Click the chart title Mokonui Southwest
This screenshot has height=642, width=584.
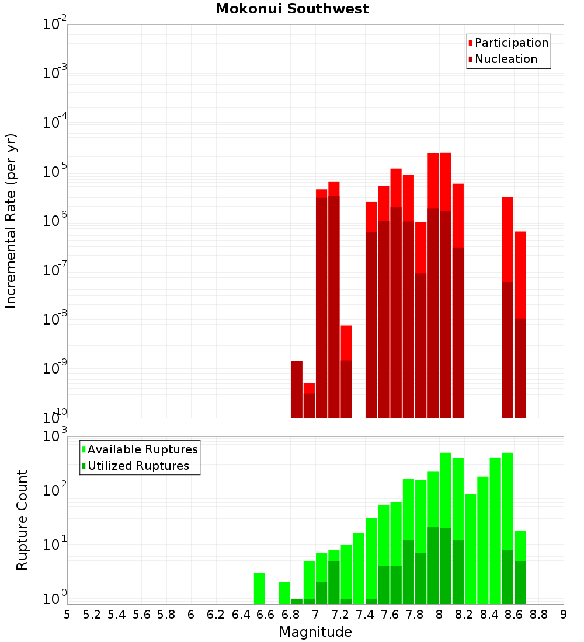[x=292, y=9]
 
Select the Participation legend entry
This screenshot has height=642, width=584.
[x=508, y=43]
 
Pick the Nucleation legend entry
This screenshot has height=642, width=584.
[x=503, y=59]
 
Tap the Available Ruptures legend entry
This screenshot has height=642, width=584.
[x=140, y=449]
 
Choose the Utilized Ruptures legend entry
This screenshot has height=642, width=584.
[x=135, y=466]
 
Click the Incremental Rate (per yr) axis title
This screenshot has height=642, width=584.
[x=11, y=221]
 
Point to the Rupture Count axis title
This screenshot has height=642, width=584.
[x=22, y=521]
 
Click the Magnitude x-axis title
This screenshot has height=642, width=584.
[x=315, y=631]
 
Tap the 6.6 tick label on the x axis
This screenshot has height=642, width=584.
[x=266, y=615]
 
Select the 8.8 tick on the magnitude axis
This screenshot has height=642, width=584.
[x=538, y=615]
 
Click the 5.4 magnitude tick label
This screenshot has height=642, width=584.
[x=117, y=615]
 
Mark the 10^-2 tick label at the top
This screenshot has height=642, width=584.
[x=54, y=23]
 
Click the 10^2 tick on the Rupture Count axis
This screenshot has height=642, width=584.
[x=54, y=489]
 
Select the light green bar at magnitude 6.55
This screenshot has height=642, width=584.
[x=259, y=588]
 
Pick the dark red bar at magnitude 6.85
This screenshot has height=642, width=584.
[x=297, y=389]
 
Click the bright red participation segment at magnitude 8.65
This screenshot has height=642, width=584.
[x=520, y=275]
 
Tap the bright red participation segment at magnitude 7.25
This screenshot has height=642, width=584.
[x=346, y=343]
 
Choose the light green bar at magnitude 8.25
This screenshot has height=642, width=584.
[x=471, y=549]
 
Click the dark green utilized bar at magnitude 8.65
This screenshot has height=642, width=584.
[x=520, y=582]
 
